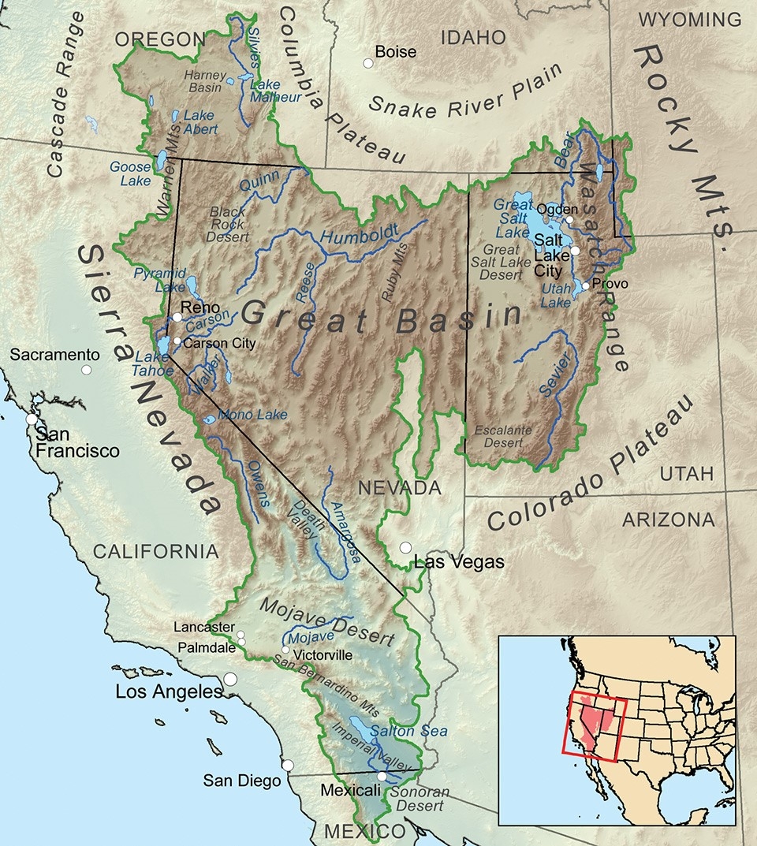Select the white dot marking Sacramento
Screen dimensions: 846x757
click(x=86, y=369)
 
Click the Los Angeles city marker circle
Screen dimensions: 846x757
click(x=230, y=678)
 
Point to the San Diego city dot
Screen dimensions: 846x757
click(x=289, y=765)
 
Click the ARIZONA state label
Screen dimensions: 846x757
click(x=669, y=520)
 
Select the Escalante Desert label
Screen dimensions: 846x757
click(x=502, y=436)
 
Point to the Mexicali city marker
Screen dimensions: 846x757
click(x=382, y=776)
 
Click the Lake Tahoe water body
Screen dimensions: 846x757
click(x=163, y=345)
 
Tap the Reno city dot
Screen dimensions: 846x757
click(x=177, y=317)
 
